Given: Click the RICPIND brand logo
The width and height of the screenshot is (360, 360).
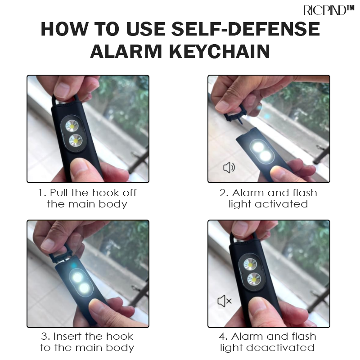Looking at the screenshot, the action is tap(329, 10).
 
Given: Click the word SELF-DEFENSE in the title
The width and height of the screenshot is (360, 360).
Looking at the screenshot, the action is tap(246, 29).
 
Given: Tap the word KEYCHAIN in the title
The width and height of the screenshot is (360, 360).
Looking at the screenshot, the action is tap(220, 52).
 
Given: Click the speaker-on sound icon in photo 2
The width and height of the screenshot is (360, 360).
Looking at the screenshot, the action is tap(229, 167).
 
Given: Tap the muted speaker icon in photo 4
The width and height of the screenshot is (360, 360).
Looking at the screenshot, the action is tap(224, 301).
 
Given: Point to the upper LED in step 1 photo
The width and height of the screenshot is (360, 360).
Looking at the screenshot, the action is tap(72, 126).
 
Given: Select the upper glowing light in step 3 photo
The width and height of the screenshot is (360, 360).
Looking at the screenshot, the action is tap(76, 277).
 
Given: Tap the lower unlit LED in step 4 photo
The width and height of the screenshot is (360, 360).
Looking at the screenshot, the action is tap(254, 279).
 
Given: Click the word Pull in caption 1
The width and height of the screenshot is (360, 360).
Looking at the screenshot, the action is tap(59, 193).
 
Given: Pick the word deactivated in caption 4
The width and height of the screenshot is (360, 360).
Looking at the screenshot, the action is tap(280, 347).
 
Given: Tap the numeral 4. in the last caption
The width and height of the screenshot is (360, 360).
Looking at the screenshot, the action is tap(223, 337).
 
